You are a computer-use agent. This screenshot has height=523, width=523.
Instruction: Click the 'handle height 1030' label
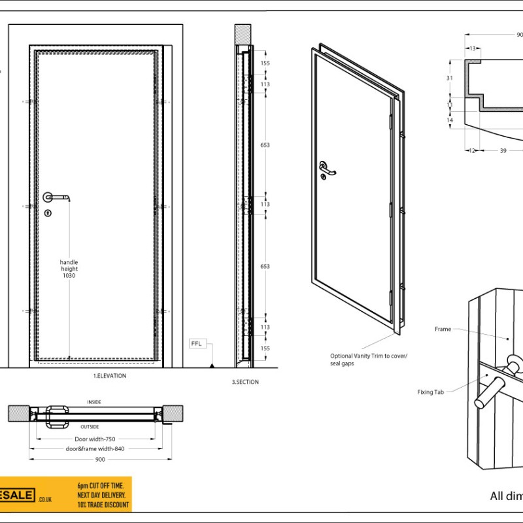(x=69, y=269)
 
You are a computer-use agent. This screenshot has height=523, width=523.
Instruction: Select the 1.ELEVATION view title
(x=110, y=376)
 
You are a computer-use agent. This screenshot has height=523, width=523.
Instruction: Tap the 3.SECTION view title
(x=245, y=382)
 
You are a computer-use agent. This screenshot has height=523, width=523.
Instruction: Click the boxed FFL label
(x=197, y=343)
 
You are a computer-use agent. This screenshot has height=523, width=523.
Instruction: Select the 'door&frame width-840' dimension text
(x=95, y=449)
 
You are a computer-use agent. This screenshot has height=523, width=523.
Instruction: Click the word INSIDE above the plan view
(x=94, y=402)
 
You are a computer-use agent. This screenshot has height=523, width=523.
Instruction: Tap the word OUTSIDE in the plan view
(x=93, y=426)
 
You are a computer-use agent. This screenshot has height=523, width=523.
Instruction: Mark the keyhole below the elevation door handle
(x=48, y=213)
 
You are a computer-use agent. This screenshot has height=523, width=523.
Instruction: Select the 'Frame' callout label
(x=443, y=329)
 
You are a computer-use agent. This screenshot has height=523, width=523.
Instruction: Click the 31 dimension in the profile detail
(x=449, y=78)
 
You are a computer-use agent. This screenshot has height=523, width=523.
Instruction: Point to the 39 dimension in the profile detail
(x=503, y=151)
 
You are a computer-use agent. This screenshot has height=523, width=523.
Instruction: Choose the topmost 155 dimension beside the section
(x=265, y=63)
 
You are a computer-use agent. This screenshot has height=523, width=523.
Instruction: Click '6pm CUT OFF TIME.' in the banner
(x=100, y=486)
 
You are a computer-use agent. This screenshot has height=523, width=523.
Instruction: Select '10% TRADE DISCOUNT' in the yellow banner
(x=103, y=505)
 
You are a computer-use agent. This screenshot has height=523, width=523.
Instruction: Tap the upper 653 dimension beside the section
(x=265, y=144)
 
